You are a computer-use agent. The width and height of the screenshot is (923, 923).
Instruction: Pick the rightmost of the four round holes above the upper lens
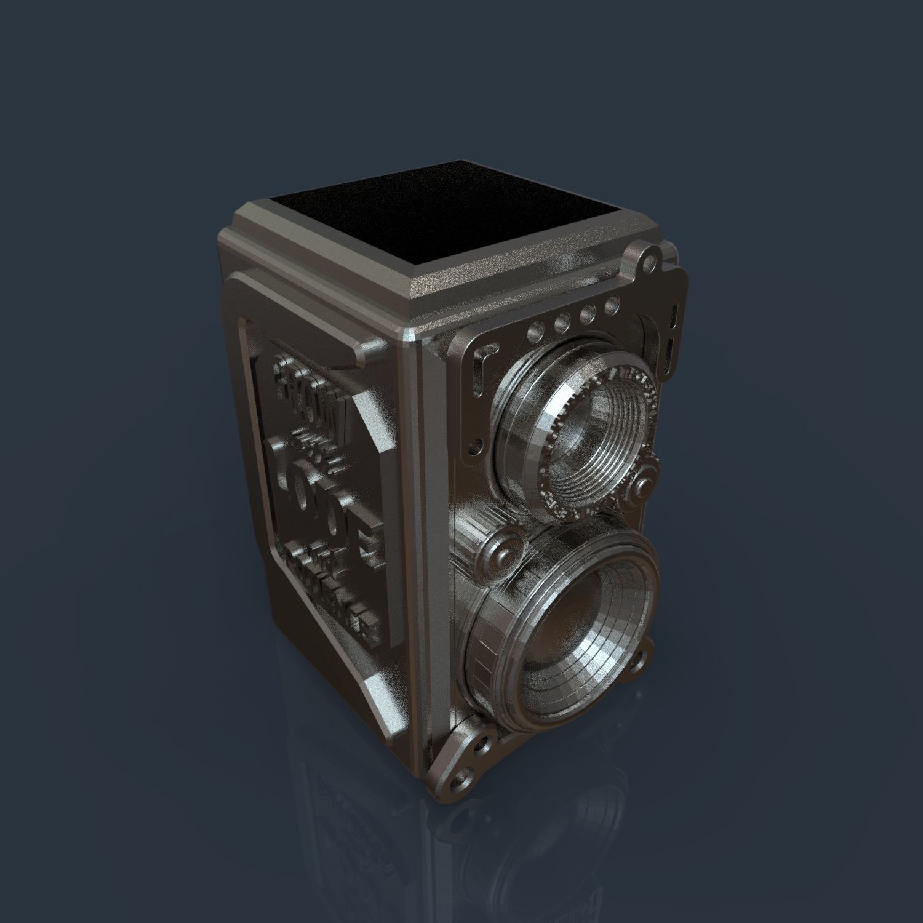612,305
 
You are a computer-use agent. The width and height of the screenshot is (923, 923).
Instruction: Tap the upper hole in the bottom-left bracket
482,745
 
